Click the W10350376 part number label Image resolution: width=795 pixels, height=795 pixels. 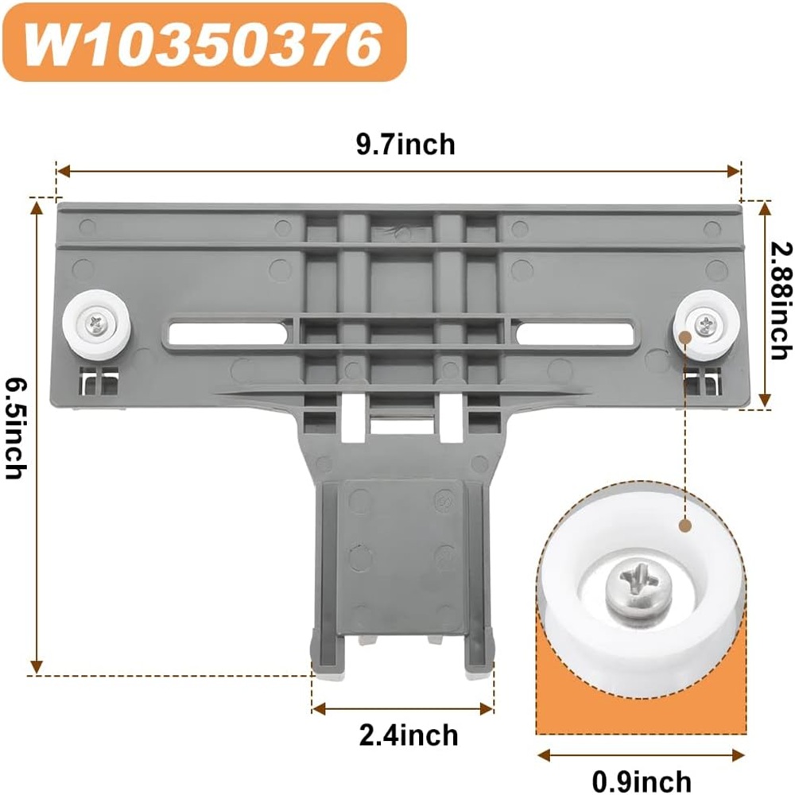pos(203,43)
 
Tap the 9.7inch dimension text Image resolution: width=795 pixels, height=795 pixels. pos(405,145)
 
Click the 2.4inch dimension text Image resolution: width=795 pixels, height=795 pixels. pos(409,735)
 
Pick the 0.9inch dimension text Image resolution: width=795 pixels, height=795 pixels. pos(642,781)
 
